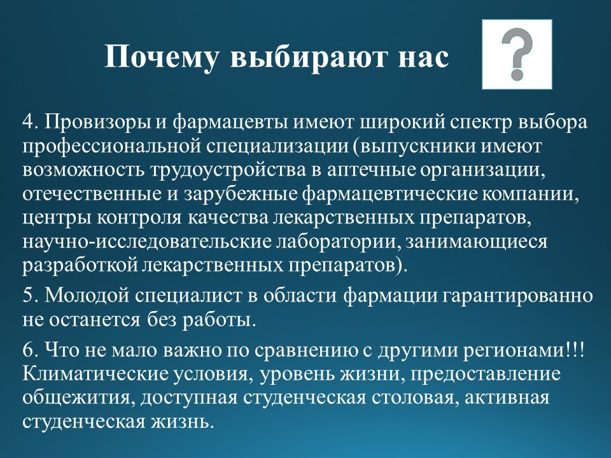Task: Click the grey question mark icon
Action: coord(517,54)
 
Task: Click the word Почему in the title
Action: coord(160,57)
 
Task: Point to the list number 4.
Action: coord(30,122)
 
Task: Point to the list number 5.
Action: coord(30,295)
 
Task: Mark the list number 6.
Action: coord(30,349)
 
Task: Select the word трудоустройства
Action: coord(227,171)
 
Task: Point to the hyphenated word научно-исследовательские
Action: coord(146,242)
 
